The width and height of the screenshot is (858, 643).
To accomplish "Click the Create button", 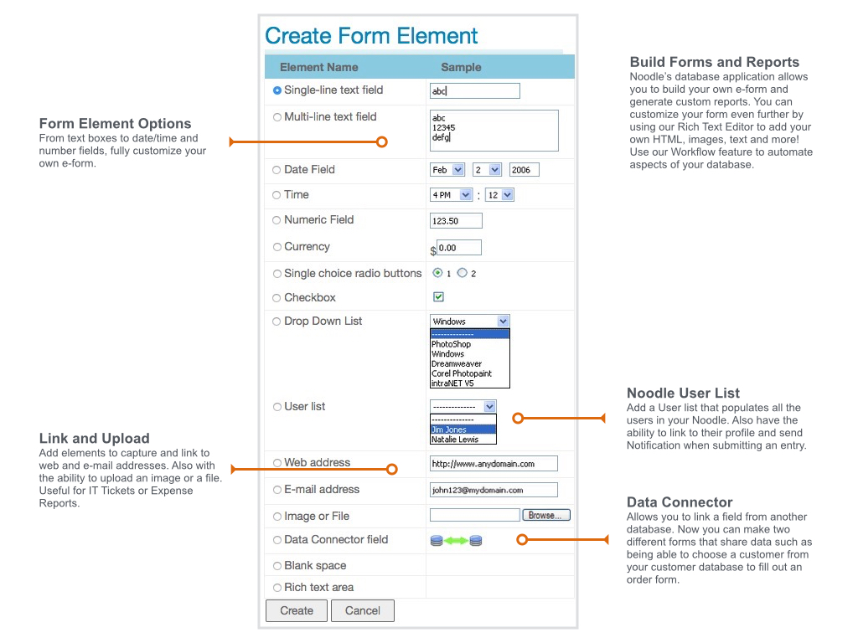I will click(x=296, y=610).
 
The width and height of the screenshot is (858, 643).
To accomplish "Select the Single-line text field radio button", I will click(x=277, y=90).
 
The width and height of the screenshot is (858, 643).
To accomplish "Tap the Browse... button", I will click(x=546, y=515).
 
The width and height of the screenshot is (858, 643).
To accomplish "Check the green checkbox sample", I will click(x=438, y=297).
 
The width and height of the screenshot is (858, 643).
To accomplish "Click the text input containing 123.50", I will click(x=456, y=221).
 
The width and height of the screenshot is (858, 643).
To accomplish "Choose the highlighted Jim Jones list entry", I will click(x=463, y=430).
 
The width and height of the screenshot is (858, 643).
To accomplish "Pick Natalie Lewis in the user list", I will click(x=463, y=440).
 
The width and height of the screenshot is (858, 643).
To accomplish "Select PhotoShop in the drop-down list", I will click(x=452, y=344).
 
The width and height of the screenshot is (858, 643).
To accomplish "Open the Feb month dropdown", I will click(x=447, y=170).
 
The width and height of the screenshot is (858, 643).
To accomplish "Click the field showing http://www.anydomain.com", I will click(x=493, y=463).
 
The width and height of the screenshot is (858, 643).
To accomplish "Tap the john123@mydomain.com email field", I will click(x=493, y=490).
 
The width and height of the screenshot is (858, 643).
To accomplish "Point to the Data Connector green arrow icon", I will click(x=456, y=541).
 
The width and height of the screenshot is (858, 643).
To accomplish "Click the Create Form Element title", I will click(x=371, y=36).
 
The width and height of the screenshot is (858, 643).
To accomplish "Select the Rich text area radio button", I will click(x=277, y=588).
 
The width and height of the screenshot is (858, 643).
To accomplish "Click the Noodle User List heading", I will click(x=683, y=393).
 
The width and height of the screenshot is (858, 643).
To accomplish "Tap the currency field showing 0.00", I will click(x=459, y=248).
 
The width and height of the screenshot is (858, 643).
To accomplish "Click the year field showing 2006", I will click(x=524, y=170).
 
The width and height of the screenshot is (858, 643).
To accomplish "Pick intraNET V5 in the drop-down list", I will click(x=453, y=383).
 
